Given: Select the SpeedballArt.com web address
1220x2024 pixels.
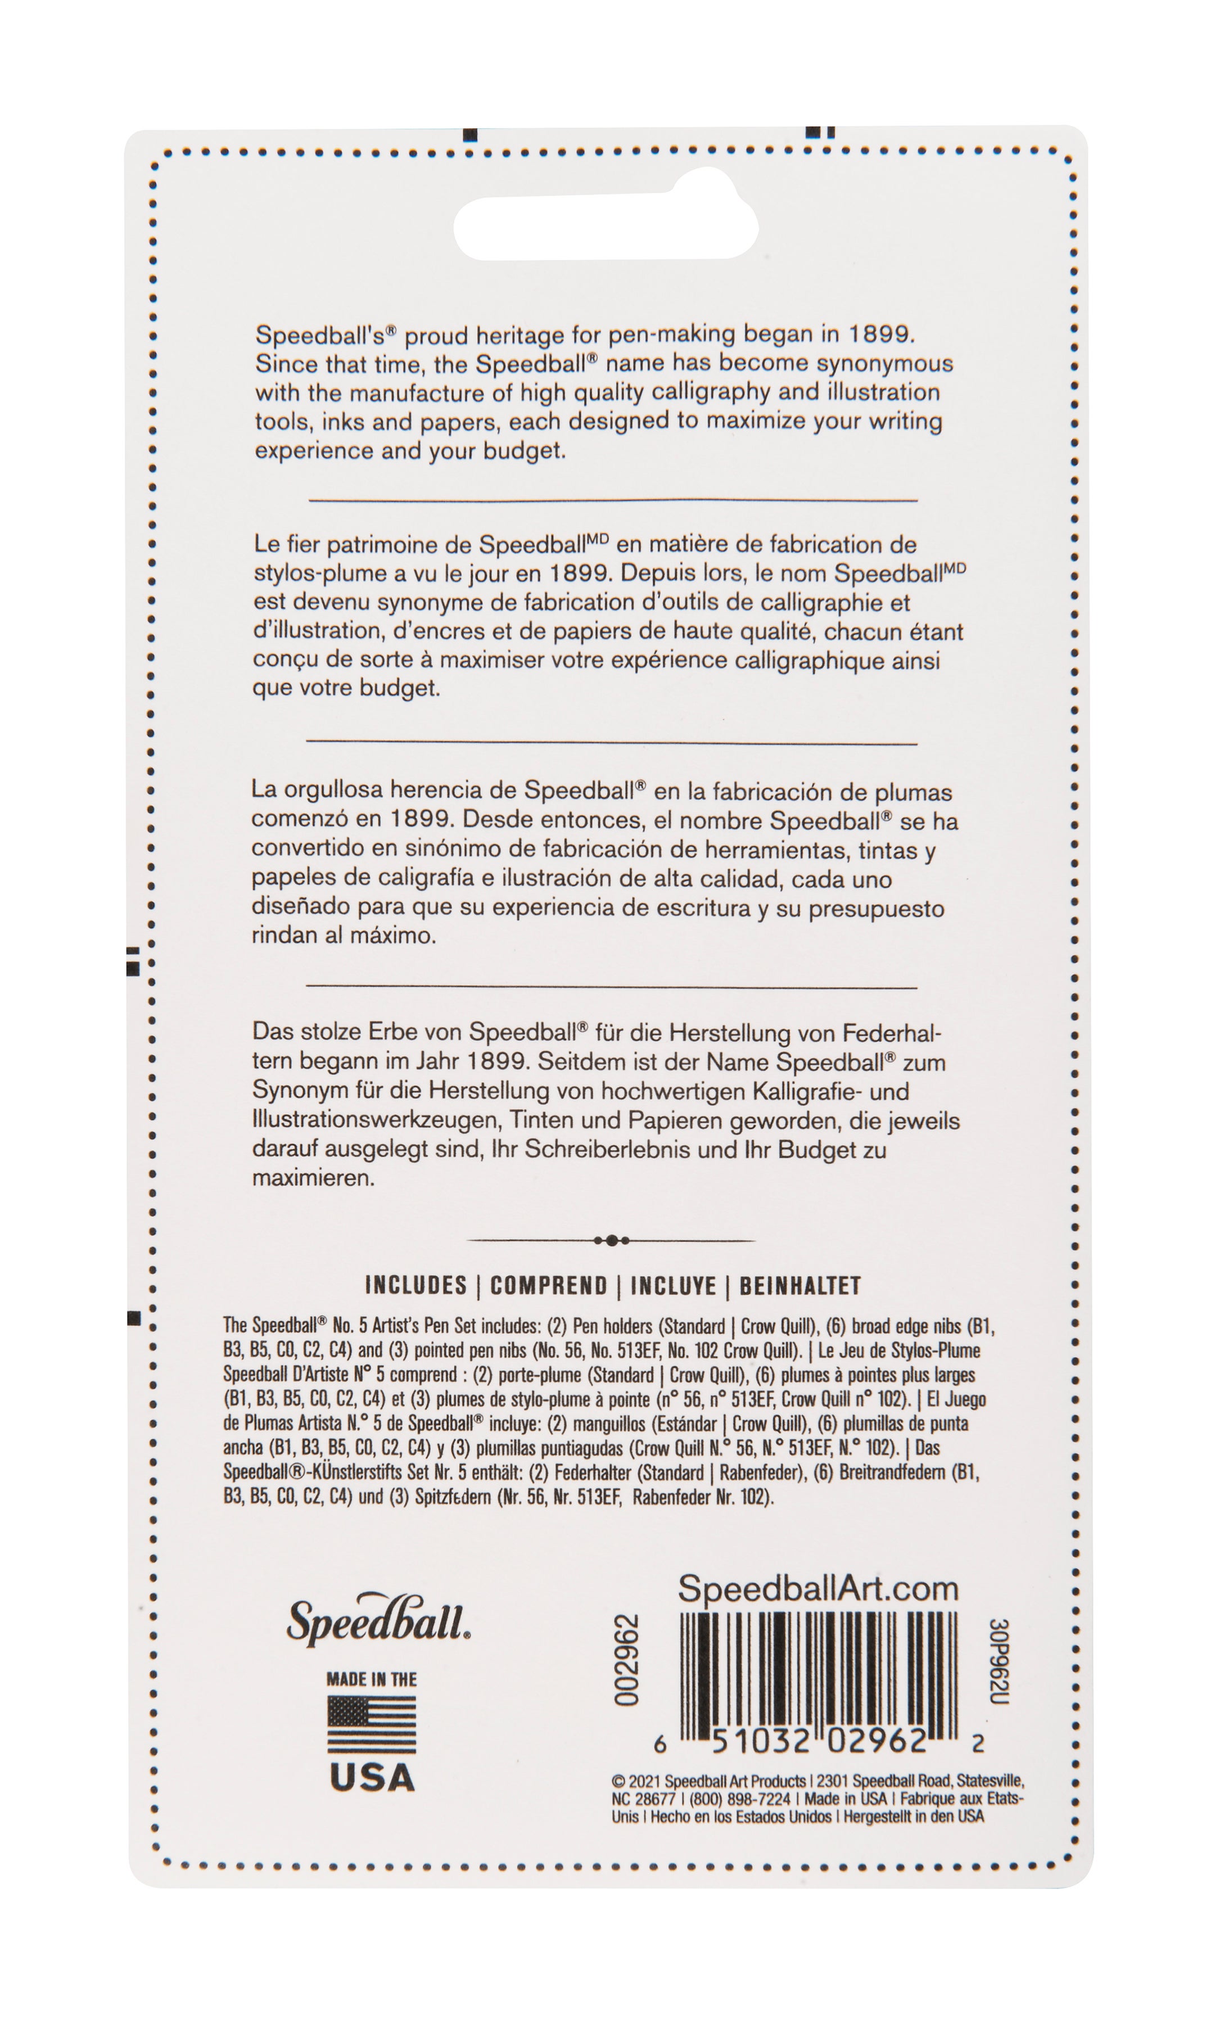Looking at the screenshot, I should point(817,1588).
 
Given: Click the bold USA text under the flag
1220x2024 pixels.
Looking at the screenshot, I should point(371,1778).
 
